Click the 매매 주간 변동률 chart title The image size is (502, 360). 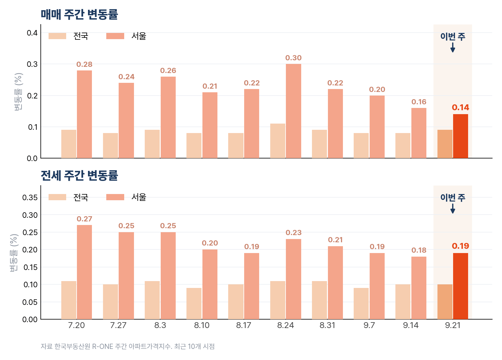point(79,15)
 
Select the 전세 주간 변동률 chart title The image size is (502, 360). point(79,175)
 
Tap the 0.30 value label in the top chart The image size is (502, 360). point(293,58)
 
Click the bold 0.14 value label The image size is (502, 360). point(460,107)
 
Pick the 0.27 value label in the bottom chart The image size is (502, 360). point(84,219)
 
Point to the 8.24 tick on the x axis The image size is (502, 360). point(285,325)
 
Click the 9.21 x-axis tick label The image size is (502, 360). point(452,325)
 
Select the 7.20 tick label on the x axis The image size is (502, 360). point(76,325)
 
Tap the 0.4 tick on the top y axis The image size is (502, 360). point(32,33)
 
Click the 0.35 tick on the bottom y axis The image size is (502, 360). point(30,198)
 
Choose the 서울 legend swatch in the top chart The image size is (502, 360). point(115,36)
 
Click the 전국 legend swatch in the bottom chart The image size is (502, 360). point(57,197)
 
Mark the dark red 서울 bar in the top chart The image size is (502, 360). point(460,136)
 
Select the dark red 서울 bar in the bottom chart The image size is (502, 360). point(460,286)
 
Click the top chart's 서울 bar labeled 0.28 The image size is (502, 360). point(84,114)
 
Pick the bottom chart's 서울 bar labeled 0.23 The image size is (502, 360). point(293,279)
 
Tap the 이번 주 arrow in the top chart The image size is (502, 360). point(452,47)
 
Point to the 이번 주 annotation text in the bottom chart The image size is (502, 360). point(452,198)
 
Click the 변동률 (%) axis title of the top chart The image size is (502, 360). point(18,91)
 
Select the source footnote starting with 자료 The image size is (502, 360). point(127,346)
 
